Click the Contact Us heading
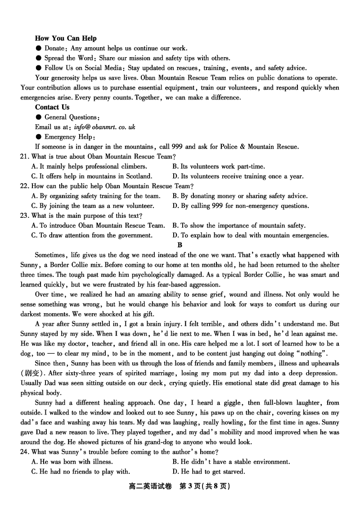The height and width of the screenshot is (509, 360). [52, 107]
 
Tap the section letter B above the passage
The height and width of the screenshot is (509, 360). [180, 245]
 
